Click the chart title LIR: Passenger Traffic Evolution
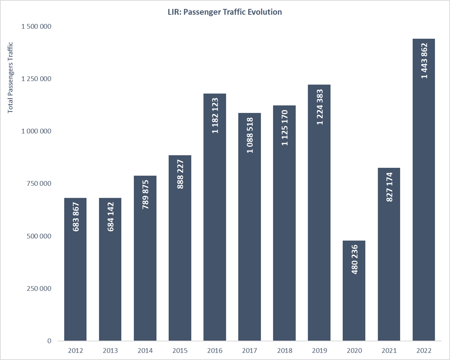(x=225, y=12)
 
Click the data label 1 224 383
(x=320, y=107)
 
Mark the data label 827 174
(x=389, y=187)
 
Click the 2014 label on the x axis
(x=145, y=351)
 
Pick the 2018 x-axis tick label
(x=284, y=351)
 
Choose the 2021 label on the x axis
(x=389, y=351)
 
